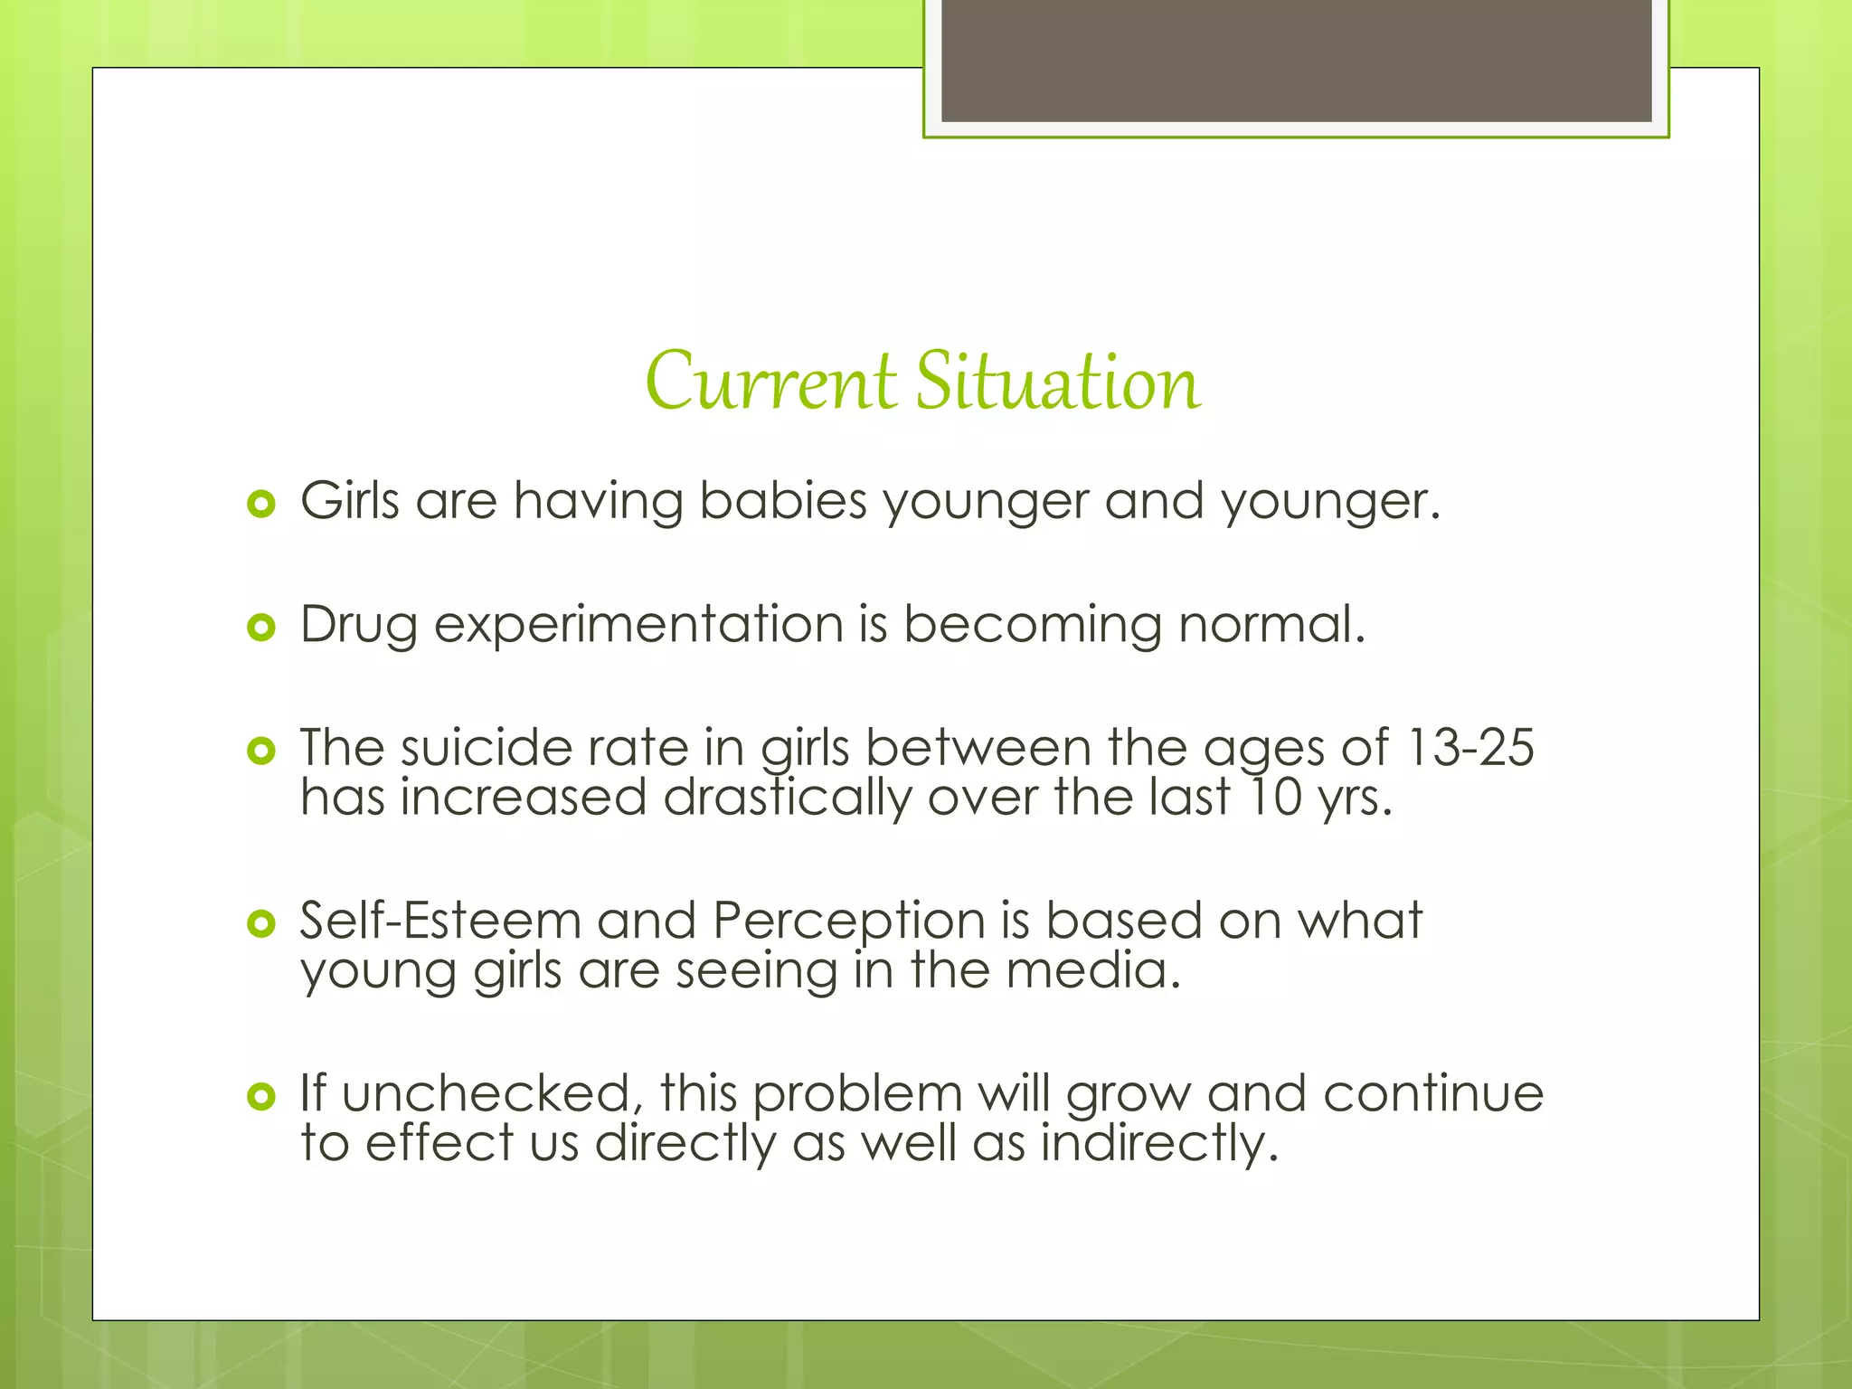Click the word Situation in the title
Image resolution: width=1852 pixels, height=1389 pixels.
pyautogui.click(x=1058, y=383)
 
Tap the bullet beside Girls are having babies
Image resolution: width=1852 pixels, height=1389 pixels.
pyautogui.click(x=260, y=504)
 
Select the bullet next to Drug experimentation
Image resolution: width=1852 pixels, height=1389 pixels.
pyautogui.click(x=260, y=627)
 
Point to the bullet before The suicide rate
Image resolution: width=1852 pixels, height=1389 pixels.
pyautogui.click(x=260, y=750)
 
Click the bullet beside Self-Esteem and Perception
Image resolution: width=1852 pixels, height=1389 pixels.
pyautogui.click(x=260, y=923)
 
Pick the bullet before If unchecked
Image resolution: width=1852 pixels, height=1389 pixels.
pyautogui.click(x=260, y=1096)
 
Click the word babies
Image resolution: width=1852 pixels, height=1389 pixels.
pyautogui.click(x=783, y=501)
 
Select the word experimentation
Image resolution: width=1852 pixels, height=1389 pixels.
pyautogui.click(x=638, y=626)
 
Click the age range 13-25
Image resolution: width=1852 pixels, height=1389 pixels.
pyautogui.click(x=1470, y=748)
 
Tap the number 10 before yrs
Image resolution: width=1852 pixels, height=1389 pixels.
pyautogui.click(x=1275, y=798)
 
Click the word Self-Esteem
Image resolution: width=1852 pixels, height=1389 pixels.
pyautogui.click(x=440, y=921)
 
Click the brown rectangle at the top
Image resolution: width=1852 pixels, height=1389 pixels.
pyautogui.click(x=1296, y=61)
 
